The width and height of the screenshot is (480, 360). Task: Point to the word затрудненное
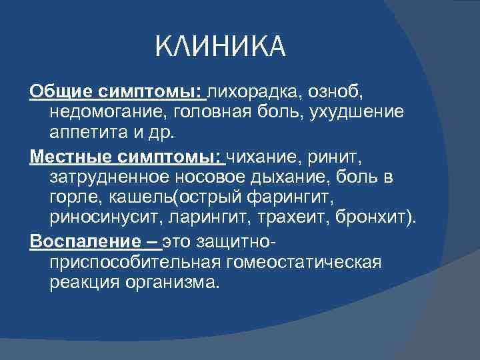[110, 179]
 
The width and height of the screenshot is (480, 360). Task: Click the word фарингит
[293, 199]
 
